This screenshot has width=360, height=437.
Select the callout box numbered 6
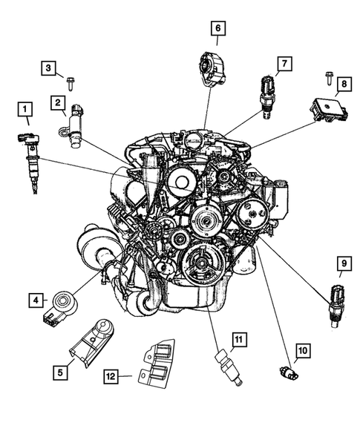click(x=218, y=30)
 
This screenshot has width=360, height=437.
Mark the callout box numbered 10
click(x=304, y=349)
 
